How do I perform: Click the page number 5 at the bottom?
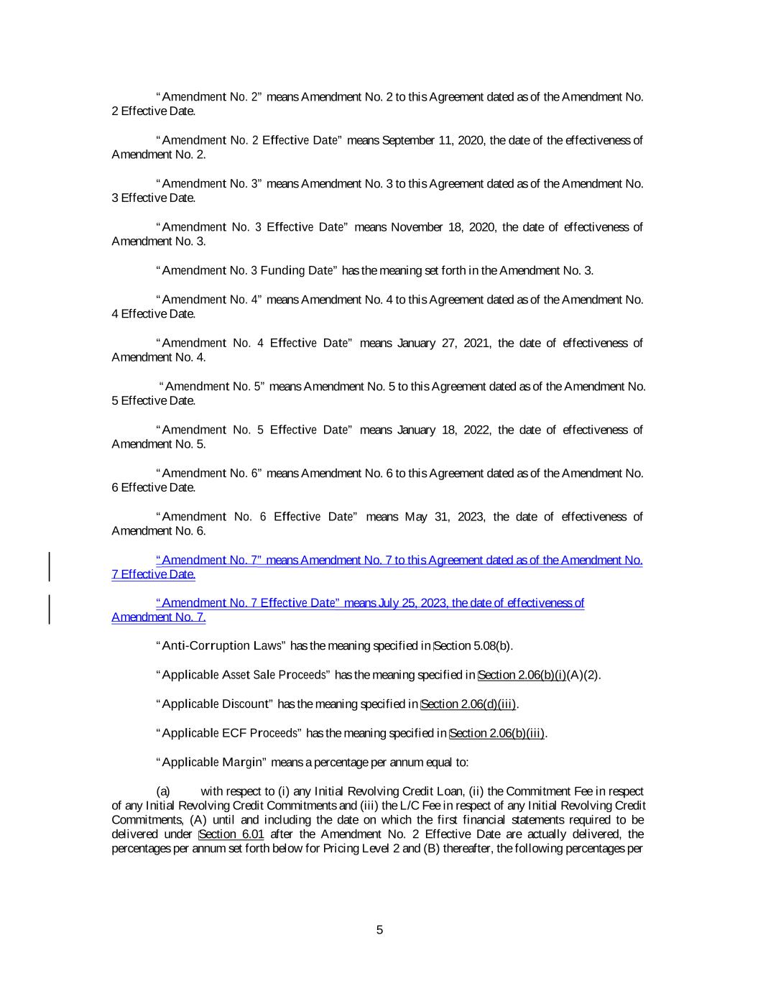[x=379, y=930]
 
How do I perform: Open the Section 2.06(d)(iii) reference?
[x=468, y=704]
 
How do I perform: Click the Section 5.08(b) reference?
[x=473, y=646]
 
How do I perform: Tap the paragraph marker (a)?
[x=163, y=791]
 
